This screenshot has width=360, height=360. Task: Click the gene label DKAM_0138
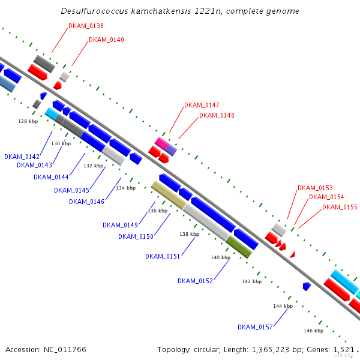(x=86, y=26)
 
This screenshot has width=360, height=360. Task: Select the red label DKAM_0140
(x=106, y=40)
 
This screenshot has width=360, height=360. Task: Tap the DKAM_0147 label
(x=202, y=105)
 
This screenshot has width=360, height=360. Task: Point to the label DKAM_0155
(x=340, y=207)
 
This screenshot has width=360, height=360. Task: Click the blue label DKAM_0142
(x=22, y=157)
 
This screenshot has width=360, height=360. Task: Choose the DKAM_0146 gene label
(x=86, y=202)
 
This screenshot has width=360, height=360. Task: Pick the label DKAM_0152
(x=195, y=281)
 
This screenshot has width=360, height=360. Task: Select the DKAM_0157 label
(x=255, y=327)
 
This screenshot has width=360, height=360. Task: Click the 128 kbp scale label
(x=28, y=121)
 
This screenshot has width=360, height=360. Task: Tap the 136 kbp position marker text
(x=158, y=211)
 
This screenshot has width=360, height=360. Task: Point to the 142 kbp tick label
(x=252, y=281)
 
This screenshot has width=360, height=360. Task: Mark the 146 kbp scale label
(x=314, y=331)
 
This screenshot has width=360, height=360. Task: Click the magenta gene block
(x=161, y=143)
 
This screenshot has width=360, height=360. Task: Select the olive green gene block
(x=239, y=247)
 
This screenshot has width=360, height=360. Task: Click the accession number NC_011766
(x=65, y=350)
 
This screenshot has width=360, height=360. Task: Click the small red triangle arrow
(x=293, y=254)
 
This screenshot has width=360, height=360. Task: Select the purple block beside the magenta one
(x=171, y=150)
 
